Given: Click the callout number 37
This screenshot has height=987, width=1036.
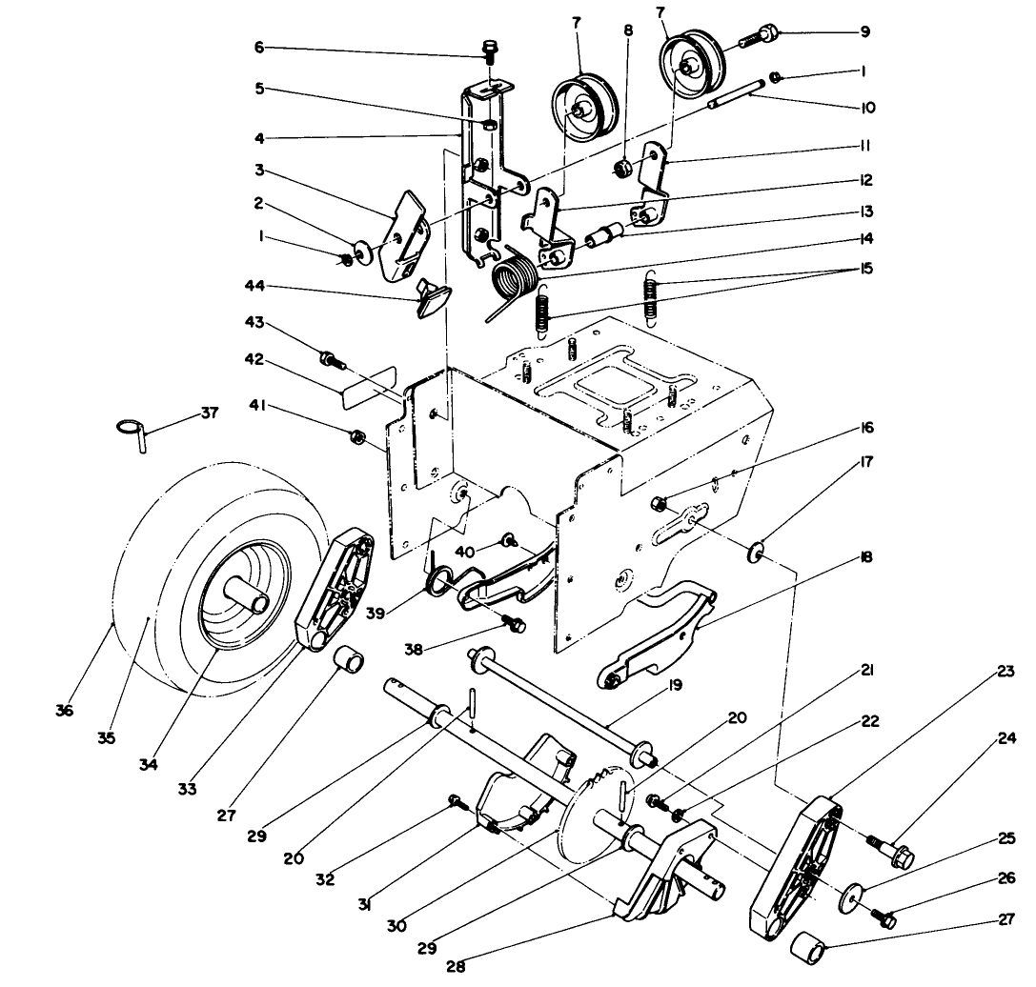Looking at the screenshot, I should coord(209,413).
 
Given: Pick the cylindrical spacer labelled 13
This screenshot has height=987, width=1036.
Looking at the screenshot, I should coord(607,232).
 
